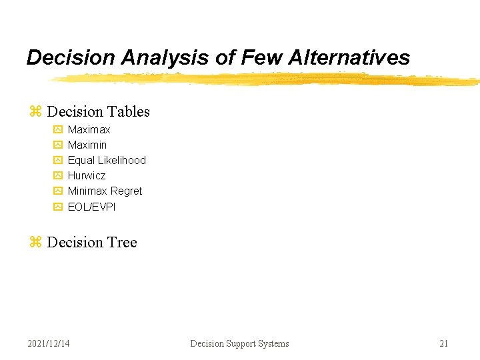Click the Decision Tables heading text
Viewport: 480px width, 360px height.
tap(98, 111)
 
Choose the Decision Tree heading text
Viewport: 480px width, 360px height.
tap(92, 242)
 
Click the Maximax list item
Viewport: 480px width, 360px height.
tap(89, 129)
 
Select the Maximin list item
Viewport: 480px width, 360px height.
tap(87, 145)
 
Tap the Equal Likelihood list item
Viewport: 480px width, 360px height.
tap(107, 160)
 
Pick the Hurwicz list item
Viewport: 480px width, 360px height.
tap(87, 175)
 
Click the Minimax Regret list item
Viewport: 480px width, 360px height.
tap(105, 191)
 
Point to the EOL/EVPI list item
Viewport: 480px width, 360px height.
tap(91, 207)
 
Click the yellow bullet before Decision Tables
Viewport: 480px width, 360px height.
tap(35, 112)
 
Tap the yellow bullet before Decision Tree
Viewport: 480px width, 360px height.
tap(35, 243)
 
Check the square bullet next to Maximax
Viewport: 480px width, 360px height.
tap(57, 130)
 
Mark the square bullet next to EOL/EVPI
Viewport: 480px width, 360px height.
tap(57, 207)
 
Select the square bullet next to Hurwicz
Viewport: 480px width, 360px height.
tap(57, 176)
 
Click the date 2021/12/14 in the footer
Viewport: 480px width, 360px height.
tap(49, 343)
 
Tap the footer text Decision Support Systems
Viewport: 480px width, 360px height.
tap(239, 343)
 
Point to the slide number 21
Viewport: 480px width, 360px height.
tap(443, 343)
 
